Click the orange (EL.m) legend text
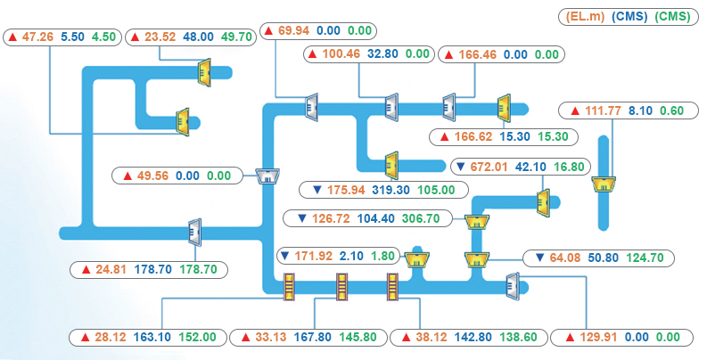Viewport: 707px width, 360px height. point(582,17)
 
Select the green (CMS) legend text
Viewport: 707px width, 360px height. point(672,17)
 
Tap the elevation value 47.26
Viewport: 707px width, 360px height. point(37,37)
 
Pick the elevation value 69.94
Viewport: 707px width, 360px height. point(293,30)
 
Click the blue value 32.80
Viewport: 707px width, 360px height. point(382,54)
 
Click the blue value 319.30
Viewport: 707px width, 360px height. point(390,190)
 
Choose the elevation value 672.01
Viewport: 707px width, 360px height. point(489,167)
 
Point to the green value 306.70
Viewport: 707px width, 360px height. point(421,218)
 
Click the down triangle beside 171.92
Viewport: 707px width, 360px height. point(284,257)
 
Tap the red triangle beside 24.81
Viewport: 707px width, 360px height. point(86,270)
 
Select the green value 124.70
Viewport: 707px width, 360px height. point(645,258)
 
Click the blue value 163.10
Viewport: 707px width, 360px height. point(152,337)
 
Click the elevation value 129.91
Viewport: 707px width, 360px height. point(598,337)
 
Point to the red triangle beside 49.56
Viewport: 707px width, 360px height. point(127,176)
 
